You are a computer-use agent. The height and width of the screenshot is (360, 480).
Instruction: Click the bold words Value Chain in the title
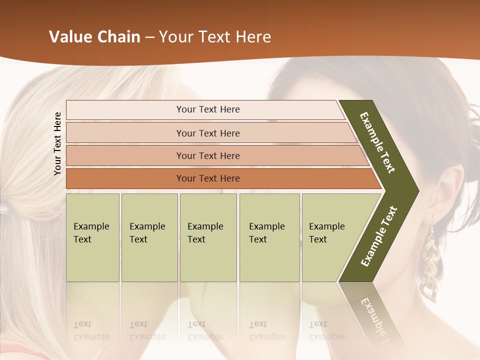pos(94,37)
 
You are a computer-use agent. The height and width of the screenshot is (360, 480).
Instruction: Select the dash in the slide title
pos(149,37)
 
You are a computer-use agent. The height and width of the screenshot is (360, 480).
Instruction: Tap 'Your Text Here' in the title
pos(215,37)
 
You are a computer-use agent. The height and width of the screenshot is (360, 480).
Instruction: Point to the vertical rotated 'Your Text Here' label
pos(57,144)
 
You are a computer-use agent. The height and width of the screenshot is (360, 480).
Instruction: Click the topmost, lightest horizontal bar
pos(207,109)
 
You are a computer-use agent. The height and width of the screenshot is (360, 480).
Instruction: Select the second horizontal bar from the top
pos(208,133)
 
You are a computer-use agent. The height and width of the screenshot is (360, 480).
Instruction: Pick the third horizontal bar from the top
pos(208,155)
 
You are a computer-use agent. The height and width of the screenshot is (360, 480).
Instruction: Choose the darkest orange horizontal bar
pos(208,178)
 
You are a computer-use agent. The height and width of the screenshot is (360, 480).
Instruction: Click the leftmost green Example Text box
pos(92,237)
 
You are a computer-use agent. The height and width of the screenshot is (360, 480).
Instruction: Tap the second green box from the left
pos(149,237)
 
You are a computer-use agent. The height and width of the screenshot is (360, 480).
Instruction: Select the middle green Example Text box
pos(208,237)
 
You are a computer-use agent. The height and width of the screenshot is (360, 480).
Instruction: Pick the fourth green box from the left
pos(269,237)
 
